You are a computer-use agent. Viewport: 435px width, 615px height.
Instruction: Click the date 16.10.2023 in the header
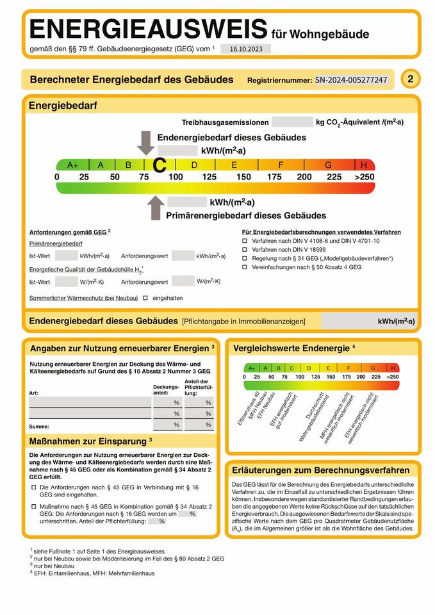(245, 49)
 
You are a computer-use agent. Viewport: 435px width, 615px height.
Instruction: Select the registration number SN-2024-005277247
(351, 80)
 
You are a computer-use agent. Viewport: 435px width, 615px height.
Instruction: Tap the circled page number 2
(410, 79)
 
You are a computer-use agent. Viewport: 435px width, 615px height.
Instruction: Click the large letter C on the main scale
(160, 166)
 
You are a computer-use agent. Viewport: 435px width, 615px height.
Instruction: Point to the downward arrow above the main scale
(146, 143)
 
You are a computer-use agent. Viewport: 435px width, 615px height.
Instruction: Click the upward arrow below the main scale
(156, 208)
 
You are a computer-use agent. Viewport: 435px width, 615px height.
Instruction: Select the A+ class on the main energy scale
(72, 165)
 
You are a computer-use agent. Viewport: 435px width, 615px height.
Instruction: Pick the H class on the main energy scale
(364, 165)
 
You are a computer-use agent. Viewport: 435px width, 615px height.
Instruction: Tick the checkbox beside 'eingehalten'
(145, 298)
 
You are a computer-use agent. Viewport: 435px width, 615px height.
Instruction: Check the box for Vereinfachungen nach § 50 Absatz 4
(244, 266)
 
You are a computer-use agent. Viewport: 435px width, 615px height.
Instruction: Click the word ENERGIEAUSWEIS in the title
(148, 29)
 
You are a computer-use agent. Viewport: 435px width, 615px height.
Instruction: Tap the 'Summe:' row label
(40, 426)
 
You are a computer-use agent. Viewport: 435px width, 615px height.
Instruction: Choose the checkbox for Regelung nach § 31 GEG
(244, 258)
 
